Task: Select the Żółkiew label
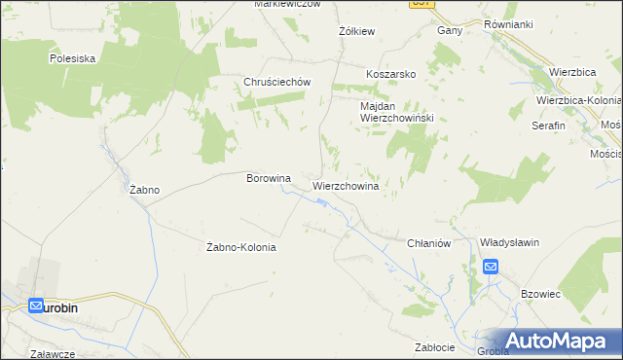356,31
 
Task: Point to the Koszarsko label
391,74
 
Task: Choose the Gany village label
449,30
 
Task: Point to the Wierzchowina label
345,184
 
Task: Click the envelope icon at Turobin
36,306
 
